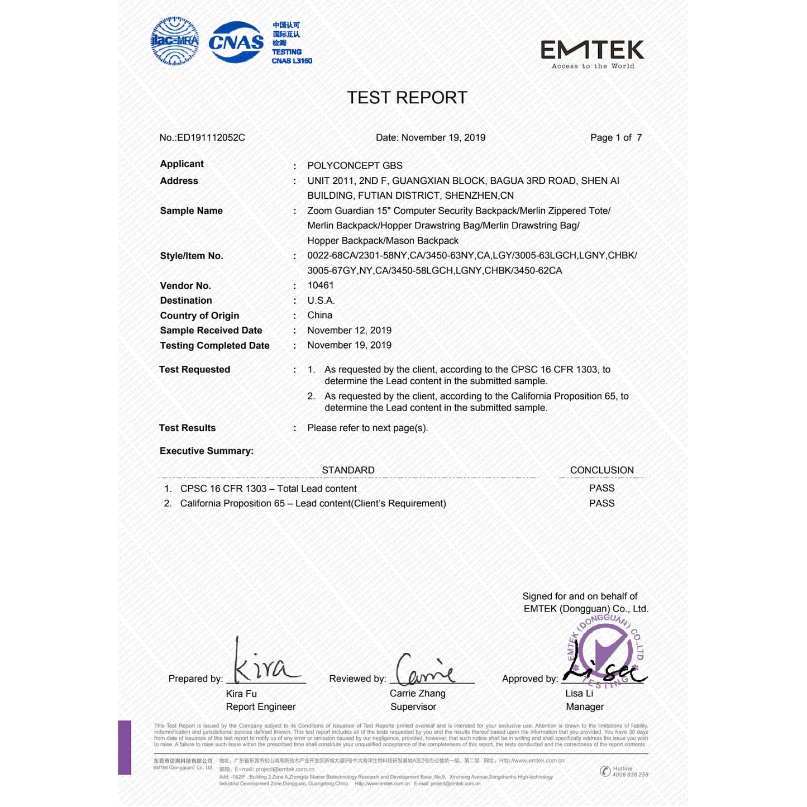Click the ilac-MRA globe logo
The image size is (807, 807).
pos(175,41)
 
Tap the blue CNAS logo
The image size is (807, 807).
pos(236,42)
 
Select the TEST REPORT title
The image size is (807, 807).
pos(407,98)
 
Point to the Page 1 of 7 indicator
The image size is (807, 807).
pos(615,137)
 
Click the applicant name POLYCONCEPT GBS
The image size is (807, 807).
pos(355,165)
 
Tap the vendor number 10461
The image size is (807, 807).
pos(321,285)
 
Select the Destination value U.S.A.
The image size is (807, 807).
pos(321,300)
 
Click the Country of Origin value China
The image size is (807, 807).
pos(319,315)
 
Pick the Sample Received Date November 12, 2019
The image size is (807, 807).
pos(349,330)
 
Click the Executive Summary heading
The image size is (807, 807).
pos(206,451)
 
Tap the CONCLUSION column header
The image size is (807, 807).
pos(601,470)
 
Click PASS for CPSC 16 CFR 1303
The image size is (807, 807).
pos(601,488)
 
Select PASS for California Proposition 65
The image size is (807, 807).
pos(601,503)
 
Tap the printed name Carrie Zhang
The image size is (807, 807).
pos(417,694)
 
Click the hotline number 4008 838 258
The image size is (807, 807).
pos(630,775)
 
